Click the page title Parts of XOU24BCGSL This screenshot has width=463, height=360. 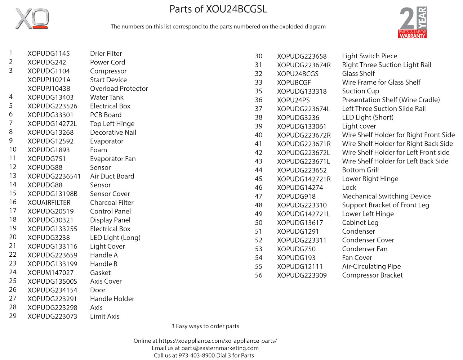[x=218, y=9]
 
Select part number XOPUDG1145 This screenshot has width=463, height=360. [x=49, y=54]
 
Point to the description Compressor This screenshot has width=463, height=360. [x=108, y=71]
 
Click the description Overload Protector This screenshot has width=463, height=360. [x=119, y=89]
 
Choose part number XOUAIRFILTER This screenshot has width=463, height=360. [x=49, y=203]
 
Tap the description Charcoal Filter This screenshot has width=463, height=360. [x=112, y=203]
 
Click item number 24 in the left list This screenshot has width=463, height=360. [x=13, y=272]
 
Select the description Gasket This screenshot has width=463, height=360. [x=100, y=273]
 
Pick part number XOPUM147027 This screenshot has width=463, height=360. [x=50, y=273]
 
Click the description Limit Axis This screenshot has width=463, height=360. [x=104, y=316]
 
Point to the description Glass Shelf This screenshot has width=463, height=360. [x=358, y=74]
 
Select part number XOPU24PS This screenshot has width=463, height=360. [x=293, y=100]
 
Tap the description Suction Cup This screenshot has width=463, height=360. [x=360, y=91]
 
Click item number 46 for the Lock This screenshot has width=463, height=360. [x=259, y=188]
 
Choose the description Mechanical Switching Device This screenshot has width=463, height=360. [x=386, y=197]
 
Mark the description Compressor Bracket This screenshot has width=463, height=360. [x=372, y=275]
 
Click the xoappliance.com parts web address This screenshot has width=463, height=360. [x=218, y=341]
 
